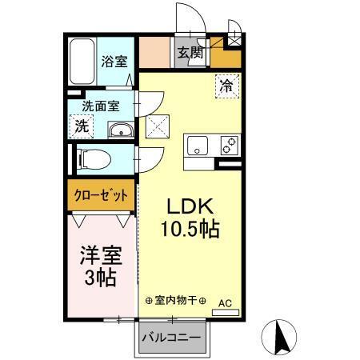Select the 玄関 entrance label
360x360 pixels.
point(190,54)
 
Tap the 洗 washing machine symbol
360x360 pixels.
point(82,126)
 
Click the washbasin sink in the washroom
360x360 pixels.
point(120,131)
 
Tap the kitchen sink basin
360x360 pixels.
point(198,146)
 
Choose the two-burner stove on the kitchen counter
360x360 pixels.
point(228,146)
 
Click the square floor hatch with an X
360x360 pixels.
point(155,126)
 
